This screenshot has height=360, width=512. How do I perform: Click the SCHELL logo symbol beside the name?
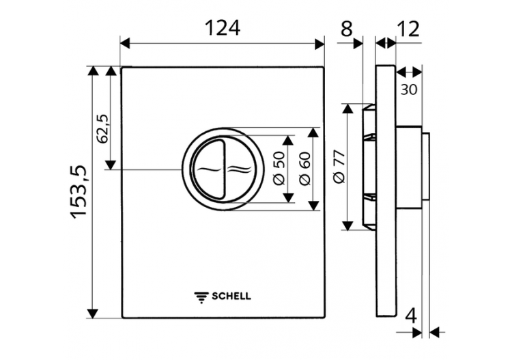(201, 296)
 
